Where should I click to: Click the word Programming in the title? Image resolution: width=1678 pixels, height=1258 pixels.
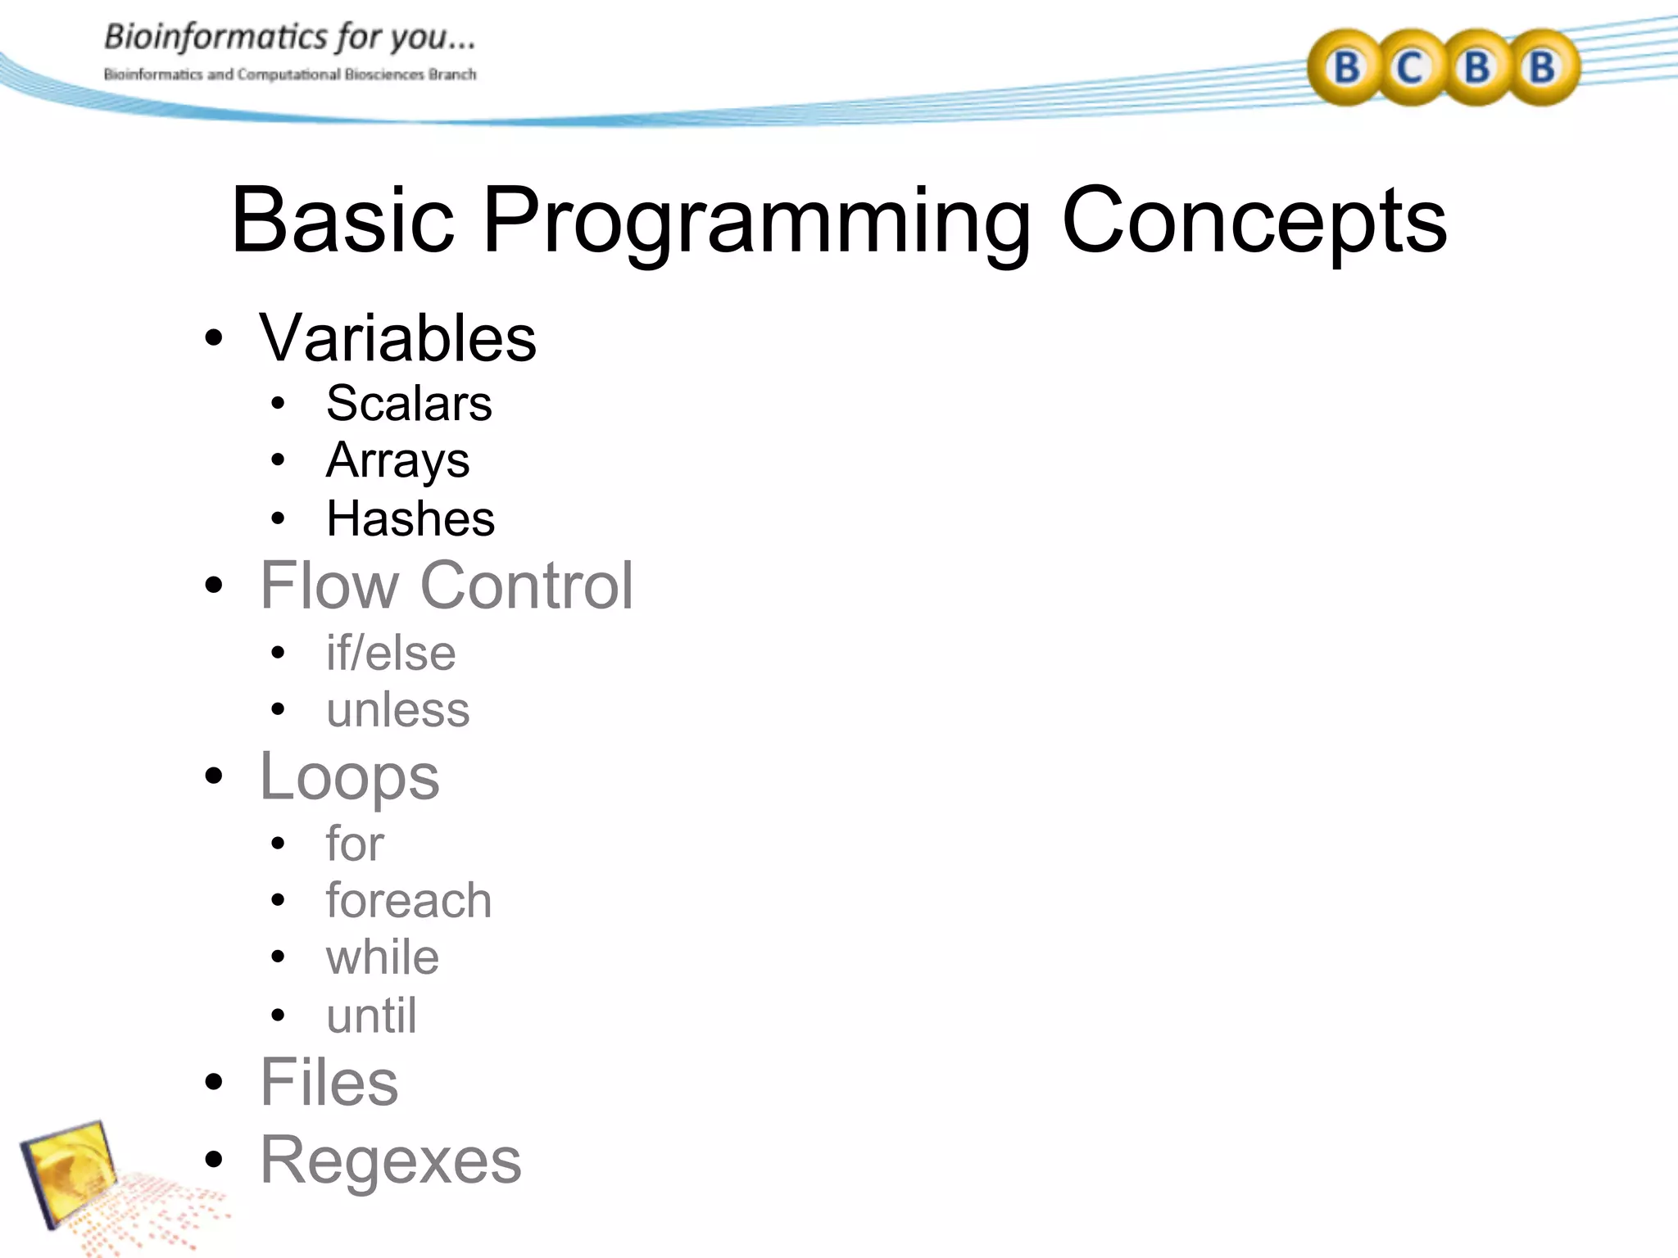(755, 221)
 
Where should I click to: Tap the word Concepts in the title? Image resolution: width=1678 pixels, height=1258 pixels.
(1254, 221)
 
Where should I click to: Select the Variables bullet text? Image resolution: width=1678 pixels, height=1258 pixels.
(397, 338)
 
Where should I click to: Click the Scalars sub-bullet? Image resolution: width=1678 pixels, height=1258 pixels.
(409, 403)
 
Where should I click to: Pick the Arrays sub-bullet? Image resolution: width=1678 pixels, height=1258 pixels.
(397, 460)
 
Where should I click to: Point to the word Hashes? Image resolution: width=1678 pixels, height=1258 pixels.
(410, 518)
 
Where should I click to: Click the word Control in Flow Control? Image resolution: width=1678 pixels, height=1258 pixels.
(527, 586)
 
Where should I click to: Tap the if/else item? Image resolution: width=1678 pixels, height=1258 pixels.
(391, 654)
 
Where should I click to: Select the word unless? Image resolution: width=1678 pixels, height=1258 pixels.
(397, 709)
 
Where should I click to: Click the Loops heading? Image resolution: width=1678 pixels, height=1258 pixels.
(349, 777)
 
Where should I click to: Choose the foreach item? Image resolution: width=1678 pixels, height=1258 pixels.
(409, 901)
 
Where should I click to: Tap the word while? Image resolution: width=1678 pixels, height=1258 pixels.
(383, 957)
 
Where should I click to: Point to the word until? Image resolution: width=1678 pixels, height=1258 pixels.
(371, 1016)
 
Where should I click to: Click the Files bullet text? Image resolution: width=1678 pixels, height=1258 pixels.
(329, 1083)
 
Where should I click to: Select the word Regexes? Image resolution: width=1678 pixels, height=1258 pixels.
(390, 1161)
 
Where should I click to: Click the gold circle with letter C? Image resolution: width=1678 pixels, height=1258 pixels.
(1410, 67)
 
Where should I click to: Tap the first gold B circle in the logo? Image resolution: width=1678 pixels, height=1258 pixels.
(1346, 67)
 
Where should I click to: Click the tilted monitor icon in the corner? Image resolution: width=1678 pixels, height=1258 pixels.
(70, 1171)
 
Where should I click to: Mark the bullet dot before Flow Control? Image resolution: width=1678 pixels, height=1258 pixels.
(214, 586)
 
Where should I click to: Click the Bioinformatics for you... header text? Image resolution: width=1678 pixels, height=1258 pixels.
(289, 38)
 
